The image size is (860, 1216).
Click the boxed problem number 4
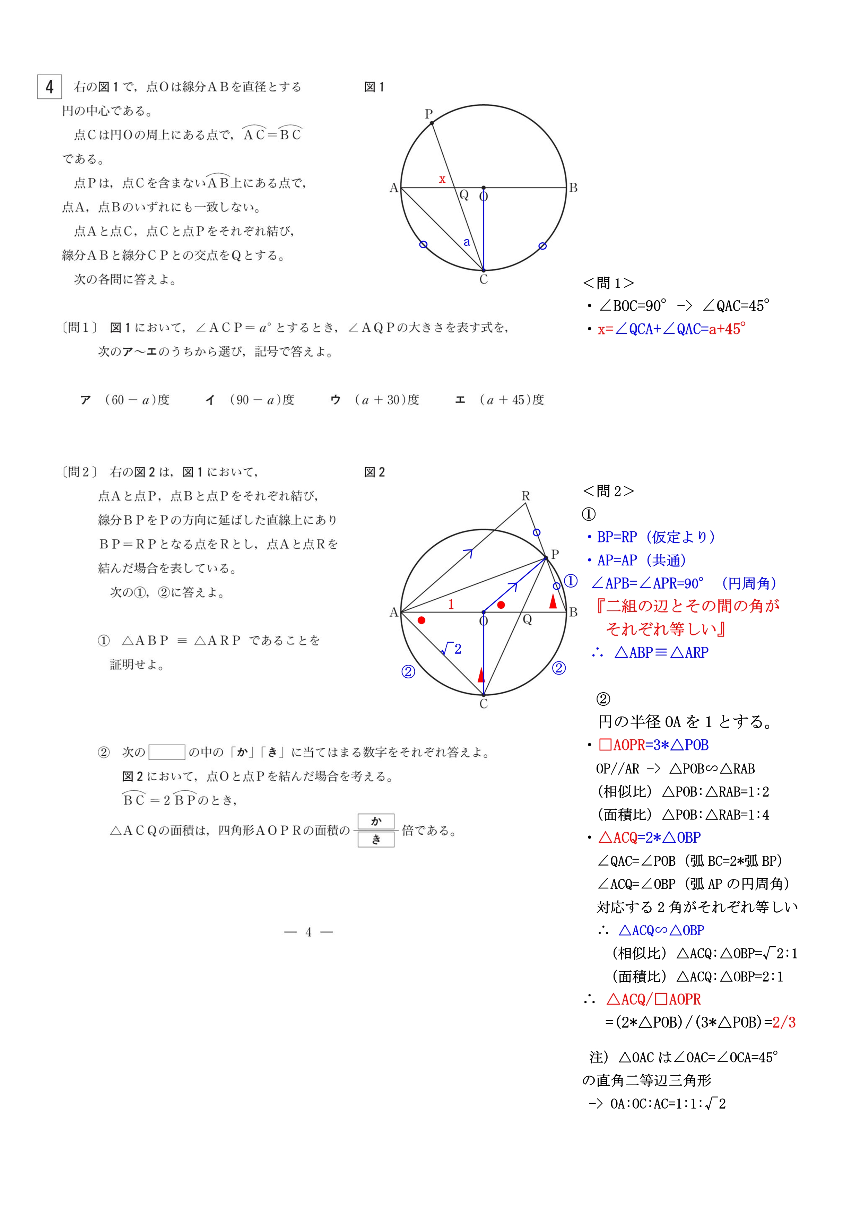click(49, 87)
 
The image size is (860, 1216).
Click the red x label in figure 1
click(442, 180)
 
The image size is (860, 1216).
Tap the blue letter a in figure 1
click(467, 242)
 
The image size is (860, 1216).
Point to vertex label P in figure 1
click(428, 114)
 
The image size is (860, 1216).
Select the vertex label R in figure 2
click(525, 496)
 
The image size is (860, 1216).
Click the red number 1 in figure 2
click(451, 604)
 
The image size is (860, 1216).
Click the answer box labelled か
click(376, 821)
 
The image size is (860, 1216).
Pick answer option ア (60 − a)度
click(125, 400)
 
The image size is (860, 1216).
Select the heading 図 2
click(374, 472)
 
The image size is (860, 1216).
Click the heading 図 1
click(374, 87)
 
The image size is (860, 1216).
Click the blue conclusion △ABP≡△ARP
click(661, 652)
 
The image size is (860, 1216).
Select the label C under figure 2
click(484, 704)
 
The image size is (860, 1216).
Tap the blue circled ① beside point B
click(570, 581)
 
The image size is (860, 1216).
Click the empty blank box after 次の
click(167, 752)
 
